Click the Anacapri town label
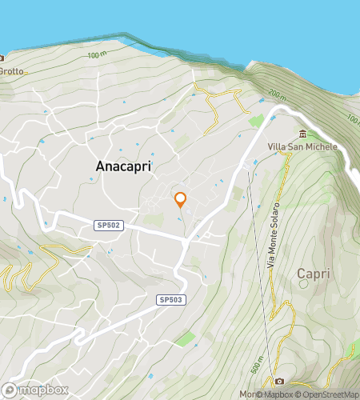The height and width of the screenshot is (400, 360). pyautogui.click(x=123, y=166)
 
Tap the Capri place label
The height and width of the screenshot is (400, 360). pyautogui.click(x=313, y=274)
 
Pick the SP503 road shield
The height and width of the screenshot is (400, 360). pyautogui.click(x=170, y=298)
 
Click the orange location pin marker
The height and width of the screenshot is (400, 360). pyautogui.click(x=181, y=199)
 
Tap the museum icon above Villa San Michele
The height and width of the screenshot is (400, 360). pyautogui.click(x=303, y=133)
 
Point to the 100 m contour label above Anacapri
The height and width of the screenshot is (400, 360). pyautogui.click(x=97, y=55)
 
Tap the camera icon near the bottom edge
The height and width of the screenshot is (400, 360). pyautogui.click(x=279, y=381)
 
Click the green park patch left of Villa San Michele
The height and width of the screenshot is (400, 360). pyautogui.click(x=256, y=121)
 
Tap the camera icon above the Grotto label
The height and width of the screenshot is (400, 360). pyautogui.click(x=2, y=58)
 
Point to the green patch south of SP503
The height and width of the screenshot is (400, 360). pyautogui.click(x=186, y=339)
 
